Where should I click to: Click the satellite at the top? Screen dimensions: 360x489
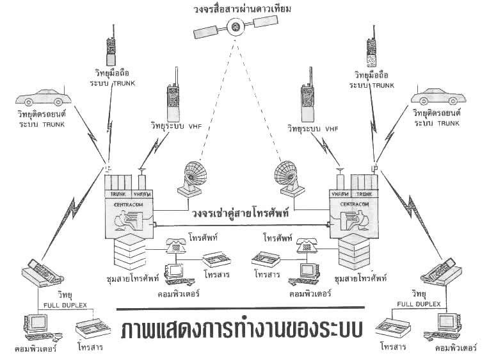pos(236,27)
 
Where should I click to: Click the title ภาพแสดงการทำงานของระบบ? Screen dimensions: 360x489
pos(240,325)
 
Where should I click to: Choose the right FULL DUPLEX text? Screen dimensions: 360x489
pos(419,304)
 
